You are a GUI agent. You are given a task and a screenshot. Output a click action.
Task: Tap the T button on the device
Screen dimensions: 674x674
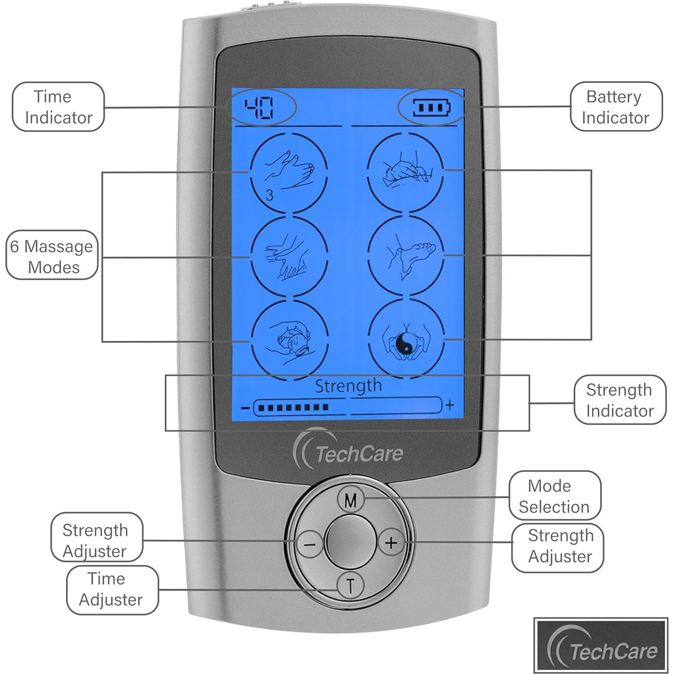350,585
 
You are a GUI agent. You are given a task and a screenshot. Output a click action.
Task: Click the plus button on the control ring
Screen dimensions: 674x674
391,542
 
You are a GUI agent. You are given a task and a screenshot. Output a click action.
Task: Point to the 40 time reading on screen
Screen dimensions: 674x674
260,108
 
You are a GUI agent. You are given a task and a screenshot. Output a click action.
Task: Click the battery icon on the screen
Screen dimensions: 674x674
431,108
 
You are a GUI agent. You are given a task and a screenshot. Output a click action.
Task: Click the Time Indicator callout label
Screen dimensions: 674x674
58,107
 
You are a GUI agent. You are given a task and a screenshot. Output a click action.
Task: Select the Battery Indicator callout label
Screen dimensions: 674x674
615,107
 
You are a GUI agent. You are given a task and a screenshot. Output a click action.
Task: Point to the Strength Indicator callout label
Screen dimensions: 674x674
619,400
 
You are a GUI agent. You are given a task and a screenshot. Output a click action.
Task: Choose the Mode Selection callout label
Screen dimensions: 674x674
554,496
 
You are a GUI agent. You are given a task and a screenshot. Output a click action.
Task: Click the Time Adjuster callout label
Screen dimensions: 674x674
111,589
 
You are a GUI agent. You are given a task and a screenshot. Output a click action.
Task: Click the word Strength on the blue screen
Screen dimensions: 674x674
348,386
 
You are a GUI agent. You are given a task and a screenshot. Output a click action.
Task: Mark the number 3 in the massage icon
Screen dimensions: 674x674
269,195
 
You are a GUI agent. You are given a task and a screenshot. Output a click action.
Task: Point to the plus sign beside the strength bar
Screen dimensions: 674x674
450,405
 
